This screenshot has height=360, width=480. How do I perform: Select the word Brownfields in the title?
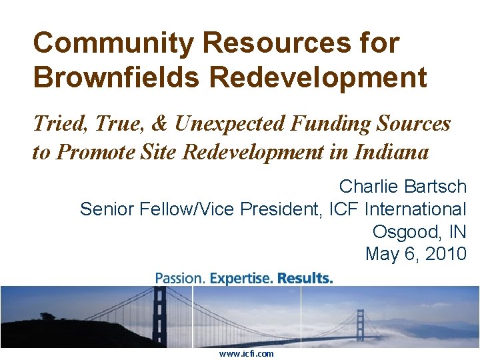[115, 77]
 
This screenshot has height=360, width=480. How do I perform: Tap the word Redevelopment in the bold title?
[318, 77]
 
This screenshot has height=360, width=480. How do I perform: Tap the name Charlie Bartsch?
[403, 186]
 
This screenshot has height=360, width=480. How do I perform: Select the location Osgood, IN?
[419, 231]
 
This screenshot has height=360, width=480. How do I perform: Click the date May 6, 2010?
[416, 254]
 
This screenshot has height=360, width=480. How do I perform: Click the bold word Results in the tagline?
[305, 278]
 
